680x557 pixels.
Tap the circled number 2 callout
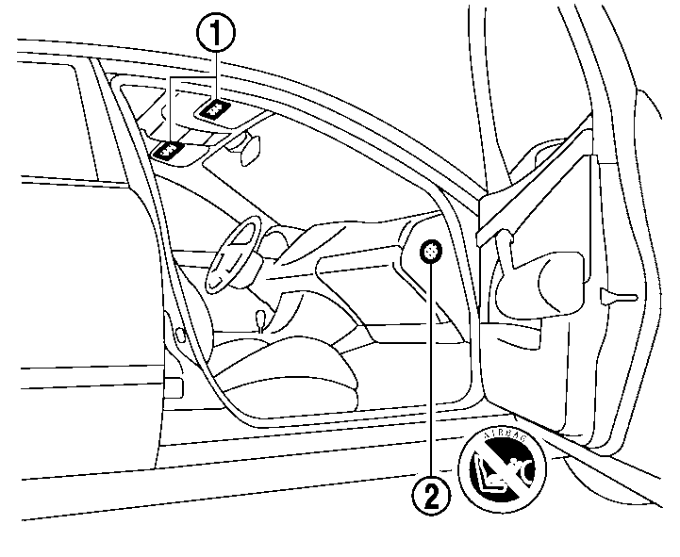click(x=431, y=494)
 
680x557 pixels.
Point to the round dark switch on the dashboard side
click(x=431, y=252)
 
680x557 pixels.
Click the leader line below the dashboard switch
click(x=431, y=377)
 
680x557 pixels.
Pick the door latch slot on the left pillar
click(x=179, y=332)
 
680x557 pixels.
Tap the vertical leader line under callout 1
click(x=216, y=75)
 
